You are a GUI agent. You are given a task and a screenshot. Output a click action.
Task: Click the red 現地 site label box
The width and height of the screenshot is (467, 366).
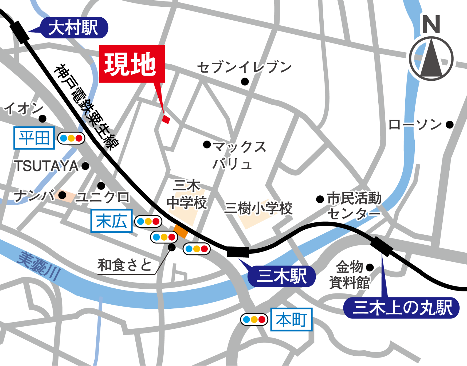(132, 64)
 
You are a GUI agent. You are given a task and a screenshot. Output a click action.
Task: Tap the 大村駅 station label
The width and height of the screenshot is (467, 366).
(74, 28)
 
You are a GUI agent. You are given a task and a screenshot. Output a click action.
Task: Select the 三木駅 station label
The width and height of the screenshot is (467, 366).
(281, 276)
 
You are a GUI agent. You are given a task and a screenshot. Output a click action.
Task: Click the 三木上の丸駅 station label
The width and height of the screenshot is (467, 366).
(401, 308)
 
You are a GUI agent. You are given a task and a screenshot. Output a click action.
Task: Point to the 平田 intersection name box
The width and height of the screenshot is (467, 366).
(34, 138)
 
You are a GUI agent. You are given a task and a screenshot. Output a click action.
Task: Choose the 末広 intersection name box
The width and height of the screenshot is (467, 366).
(111, 221)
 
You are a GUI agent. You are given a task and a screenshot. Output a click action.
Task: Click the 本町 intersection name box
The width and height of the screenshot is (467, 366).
(291, 320)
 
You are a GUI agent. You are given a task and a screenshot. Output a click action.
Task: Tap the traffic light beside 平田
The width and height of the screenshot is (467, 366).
(71, 138)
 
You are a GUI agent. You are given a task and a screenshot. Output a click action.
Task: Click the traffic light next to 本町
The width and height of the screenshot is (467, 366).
(254, 320)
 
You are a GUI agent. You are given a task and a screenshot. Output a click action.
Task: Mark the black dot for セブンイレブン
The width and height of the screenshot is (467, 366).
(245, 81)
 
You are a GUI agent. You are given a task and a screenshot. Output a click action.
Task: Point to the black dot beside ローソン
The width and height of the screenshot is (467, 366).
(449, 125)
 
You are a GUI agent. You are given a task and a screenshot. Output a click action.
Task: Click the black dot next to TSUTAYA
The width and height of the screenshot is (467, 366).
(85, 166)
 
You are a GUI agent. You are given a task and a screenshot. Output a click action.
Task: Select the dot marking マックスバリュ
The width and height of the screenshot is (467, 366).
(207, 145)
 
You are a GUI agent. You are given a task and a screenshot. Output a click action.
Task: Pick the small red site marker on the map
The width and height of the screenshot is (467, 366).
(166, 119)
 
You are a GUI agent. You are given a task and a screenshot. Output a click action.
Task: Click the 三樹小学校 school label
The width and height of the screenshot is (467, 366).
(258, 208)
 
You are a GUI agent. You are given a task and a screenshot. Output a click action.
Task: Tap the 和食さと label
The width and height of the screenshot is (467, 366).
(125, 265)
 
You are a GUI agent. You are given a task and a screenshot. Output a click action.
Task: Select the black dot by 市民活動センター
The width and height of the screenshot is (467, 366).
(320, 199)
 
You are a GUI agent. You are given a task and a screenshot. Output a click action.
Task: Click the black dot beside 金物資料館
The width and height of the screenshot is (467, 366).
(370, 267)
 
